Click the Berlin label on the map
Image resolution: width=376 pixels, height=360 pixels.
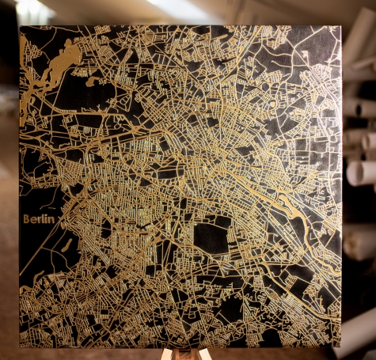coord(39,219)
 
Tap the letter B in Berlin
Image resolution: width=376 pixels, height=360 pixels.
coord(27,219)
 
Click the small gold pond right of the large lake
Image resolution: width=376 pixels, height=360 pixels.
coord(93,80)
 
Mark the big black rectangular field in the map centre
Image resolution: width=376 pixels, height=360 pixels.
coord(211,237)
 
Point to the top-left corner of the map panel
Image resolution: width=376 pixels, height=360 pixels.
coord(20,25)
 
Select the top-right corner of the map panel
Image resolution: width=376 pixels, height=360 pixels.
coord(340,26)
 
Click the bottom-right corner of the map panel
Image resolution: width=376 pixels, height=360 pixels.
coord(341,346)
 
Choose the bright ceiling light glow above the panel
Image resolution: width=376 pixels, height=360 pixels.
coord(32,8)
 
